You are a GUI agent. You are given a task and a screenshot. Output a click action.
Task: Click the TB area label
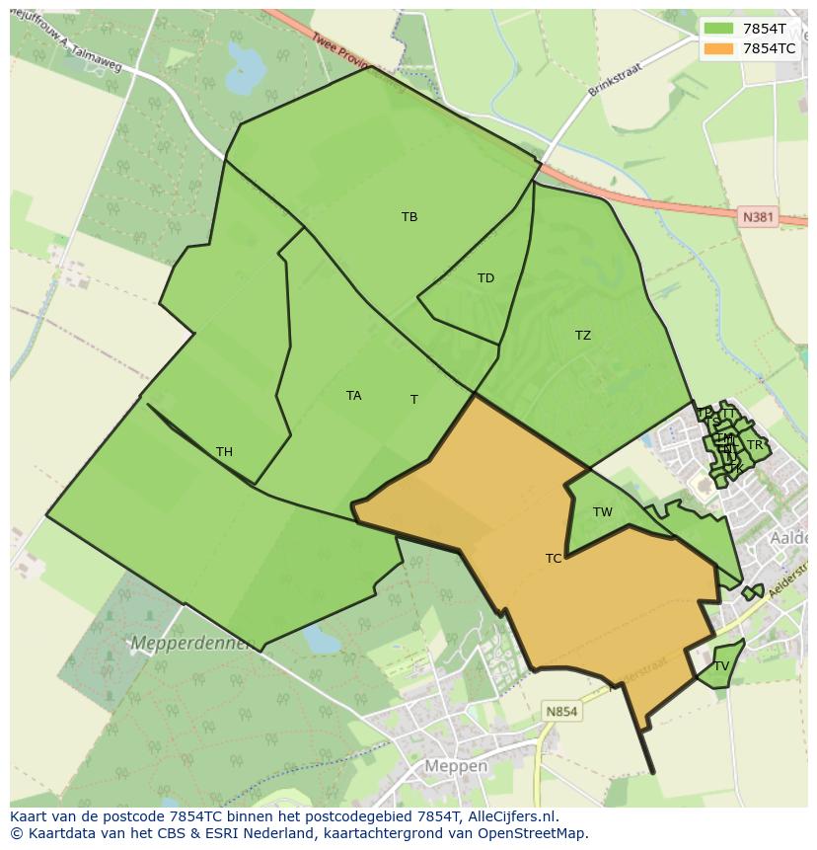pyautogui.click(x=409, y=217)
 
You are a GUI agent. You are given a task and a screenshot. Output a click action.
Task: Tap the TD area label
pyautogui.click(x=485, y=278)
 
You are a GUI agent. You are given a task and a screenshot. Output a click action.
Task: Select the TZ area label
pyautogui.click(x=583, y=336)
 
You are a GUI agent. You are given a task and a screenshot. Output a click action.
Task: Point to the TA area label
pyautogui.click(x=353, y=396)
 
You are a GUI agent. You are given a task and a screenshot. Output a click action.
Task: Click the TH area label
pyautogui.click(x=224, y=452)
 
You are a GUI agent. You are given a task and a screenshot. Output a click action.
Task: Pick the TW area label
pyautogui.click(x=603, y=512)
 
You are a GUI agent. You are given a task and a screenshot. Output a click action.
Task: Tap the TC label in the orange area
pyautogui.click(x=554, y=559)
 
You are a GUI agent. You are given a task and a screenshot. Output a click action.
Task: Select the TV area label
pyautogui.click(x=721, y=666)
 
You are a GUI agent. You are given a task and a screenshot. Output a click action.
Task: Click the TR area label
pyautogui.click(x=755, y=445)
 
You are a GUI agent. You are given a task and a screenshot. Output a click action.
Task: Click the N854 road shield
pyautogui.click(x=562, y=711)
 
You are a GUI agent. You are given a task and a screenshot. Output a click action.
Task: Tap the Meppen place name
pyautogui.click(x=455, y=766)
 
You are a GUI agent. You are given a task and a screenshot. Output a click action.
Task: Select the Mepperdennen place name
pyautogui.click(x=193, y=644)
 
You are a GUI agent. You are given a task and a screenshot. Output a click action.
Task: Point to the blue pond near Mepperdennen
pyautogui.click(x=321, y=640)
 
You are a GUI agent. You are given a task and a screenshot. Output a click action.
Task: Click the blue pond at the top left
pyautogui.click(x=248, y=68)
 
